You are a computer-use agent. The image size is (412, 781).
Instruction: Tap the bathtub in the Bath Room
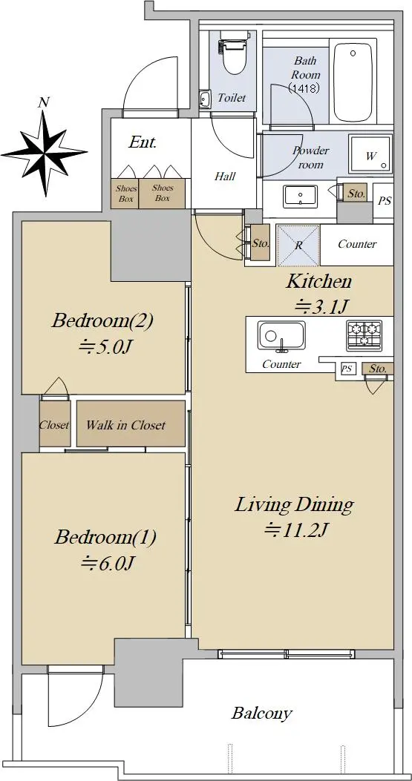[x=353, y=82]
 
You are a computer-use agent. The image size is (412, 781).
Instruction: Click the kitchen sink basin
[x=281, y=336]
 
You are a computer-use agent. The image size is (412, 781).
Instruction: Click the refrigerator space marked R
[x=298, y=245]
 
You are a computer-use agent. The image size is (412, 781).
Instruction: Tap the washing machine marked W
[x=370, y=154]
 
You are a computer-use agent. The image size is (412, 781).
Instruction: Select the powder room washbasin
[x=300, y=197]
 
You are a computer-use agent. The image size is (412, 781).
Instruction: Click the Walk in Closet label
[x=125, y=426]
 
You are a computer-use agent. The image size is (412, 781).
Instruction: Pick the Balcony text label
[x=261, y=714]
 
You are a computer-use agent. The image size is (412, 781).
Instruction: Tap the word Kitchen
[x=318, y=282]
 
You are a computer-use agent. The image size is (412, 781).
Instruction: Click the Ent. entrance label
[x=143, y=142]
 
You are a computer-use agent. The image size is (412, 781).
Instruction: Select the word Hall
[x=225, y=176]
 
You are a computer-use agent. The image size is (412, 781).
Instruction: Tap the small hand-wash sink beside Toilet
[x=205, y=99]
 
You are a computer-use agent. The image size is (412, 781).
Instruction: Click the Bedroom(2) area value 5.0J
[x=105, y=346]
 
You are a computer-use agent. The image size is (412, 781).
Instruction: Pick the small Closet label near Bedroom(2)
[x=54, y=426]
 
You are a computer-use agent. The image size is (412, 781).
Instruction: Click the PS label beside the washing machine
[x=384, y=201]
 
